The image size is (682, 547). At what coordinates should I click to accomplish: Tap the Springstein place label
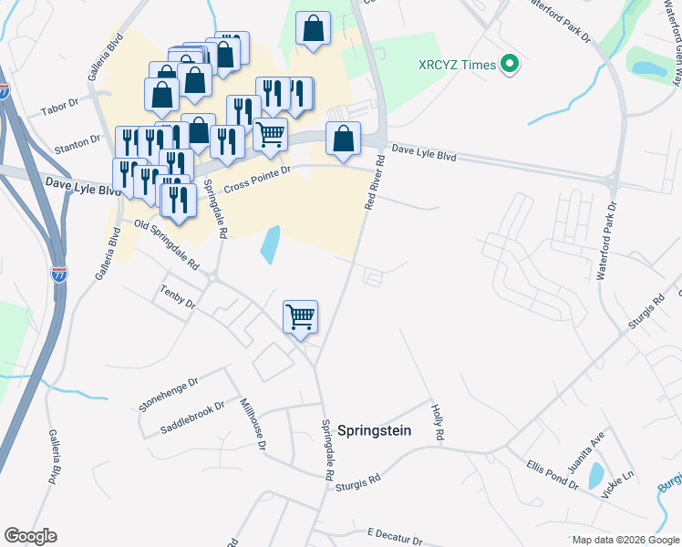(x=375, y=430)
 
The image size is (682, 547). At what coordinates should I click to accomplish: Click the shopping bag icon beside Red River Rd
(x=344, y=140)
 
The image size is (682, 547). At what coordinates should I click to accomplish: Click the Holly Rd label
(x=437, y=424)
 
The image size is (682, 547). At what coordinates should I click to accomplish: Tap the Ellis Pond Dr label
(x=552, y=474)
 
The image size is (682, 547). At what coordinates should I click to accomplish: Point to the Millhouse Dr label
(x=252, y=425)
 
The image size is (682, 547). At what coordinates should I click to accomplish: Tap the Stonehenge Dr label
(x=168, y=393)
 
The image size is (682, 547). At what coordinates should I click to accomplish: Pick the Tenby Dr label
(x=178, y=297)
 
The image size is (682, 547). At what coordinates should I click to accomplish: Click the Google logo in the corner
(x=30, y=536)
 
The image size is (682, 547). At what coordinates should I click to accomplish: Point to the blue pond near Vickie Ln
(x=595, y=475)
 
